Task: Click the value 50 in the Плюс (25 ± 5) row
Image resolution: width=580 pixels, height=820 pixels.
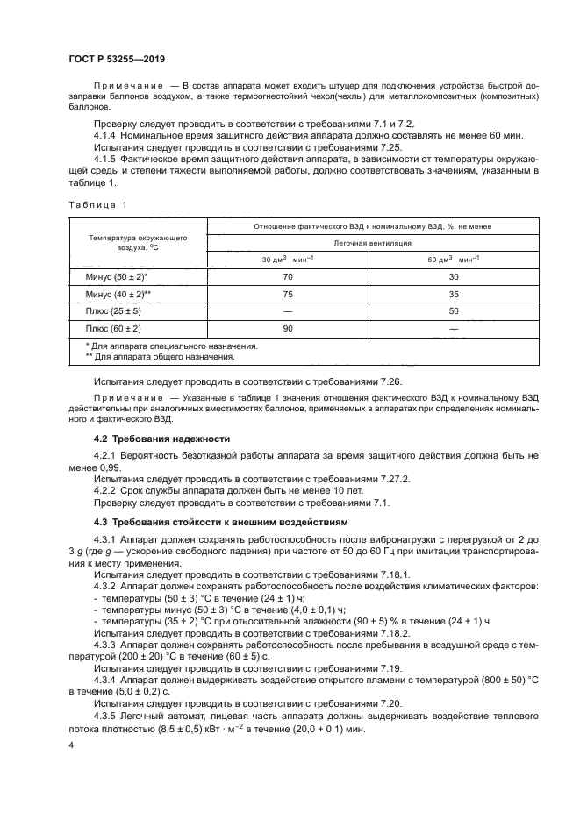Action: coord(454,310)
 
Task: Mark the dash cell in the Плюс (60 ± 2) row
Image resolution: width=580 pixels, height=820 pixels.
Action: coord(454,328)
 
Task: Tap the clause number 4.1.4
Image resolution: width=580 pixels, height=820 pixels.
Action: coord(106,138)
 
